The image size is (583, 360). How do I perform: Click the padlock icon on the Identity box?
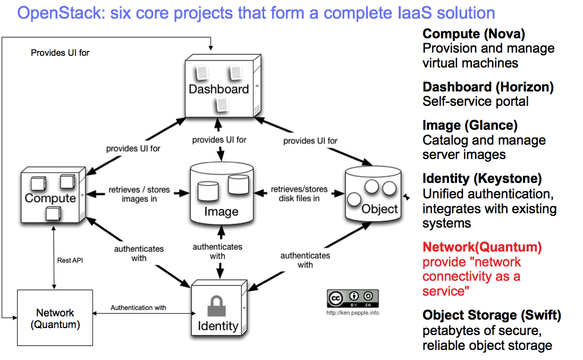pyautogui.click(x=217, y=307)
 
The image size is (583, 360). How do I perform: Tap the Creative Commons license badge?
pyautogui.click(x=353, y=299)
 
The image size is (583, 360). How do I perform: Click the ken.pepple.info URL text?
pyautogui.click(x=352, y=313)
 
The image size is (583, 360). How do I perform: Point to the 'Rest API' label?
pyautogui.click(x=70, y=261)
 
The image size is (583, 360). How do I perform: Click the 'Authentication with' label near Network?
pyautogui.click(x=138, y=307)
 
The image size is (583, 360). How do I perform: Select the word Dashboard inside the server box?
pyautogui.click(x=218, y=89)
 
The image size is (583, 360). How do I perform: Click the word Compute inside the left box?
pyautogui.click(x=50, y=198)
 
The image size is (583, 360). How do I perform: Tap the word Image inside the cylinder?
pyautogui.click(x=221, y=212)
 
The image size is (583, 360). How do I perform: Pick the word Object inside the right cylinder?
pyautogui.click(x=379, y=209)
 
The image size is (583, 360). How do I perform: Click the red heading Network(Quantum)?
pyautogui.click(x=482, y=247)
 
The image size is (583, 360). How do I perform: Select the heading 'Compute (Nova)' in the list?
pyautogui.click(x=474, y=35)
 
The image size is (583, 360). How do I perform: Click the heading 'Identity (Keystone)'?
pyautogui.click(x=482, y=179)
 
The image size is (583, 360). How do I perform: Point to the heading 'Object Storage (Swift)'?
pyautogui.click(x=492, y=315)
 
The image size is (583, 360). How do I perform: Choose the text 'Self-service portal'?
pyautogui.click(x=476, y=101)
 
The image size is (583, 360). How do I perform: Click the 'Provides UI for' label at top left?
pyautogui.click(x=60, y=53)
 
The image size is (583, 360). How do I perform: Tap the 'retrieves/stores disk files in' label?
pyautogui.click(x=299, y=194)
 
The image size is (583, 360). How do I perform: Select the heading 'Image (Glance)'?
pyautogui.click(x=470, y=126)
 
